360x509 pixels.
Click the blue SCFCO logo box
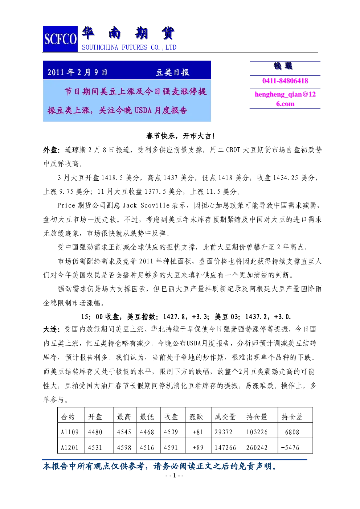[60, 39]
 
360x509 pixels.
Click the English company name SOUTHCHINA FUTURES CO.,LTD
[129, 47]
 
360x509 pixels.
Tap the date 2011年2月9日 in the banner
[77, 72]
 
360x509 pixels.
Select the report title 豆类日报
[172, 72]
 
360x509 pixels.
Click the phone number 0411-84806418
[285, 81]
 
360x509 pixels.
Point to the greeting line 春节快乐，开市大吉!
[180, 136]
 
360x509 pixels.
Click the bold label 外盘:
[52, 150]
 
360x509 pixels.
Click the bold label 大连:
[52, 329]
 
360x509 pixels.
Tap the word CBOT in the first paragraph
[233, 150]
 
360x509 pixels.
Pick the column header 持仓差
[292, 417]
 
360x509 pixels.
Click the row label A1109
[70, 432]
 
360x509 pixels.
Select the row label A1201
[70, 448]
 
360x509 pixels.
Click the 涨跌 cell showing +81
[198, 432]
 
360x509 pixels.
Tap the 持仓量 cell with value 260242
[257, 448]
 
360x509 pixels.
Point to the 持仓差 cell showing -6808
[290, 432]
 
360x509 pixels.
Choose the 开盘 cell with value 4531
[95, 448]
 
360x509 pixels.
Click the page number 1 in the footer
[175, 475]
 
